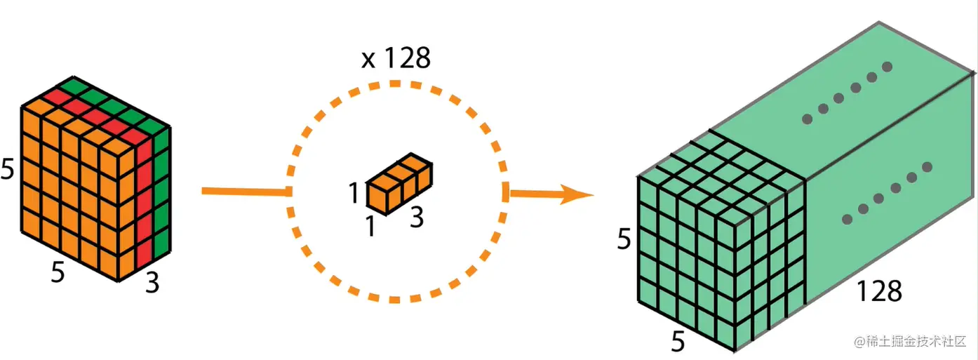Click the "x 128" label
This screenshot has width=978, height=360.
[395, 58]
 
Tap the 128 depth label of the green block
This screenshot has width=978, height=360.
[878, 290]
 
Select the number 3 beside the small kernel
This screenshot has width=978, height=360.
[416, 218]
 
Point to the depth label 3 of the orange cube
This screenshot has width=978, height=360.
[153, 284]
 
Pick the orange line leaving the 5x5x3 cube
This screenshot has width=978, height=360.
[246, 191]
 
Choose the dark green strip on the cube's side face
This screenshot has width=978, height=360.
[161, 196]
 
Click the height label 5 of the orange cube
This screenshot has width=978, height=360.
[8, 169]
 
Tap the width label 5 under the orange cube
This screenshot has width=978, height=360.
[58, 272]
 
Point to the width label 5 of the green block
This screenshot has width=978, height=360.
[678, 342]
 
